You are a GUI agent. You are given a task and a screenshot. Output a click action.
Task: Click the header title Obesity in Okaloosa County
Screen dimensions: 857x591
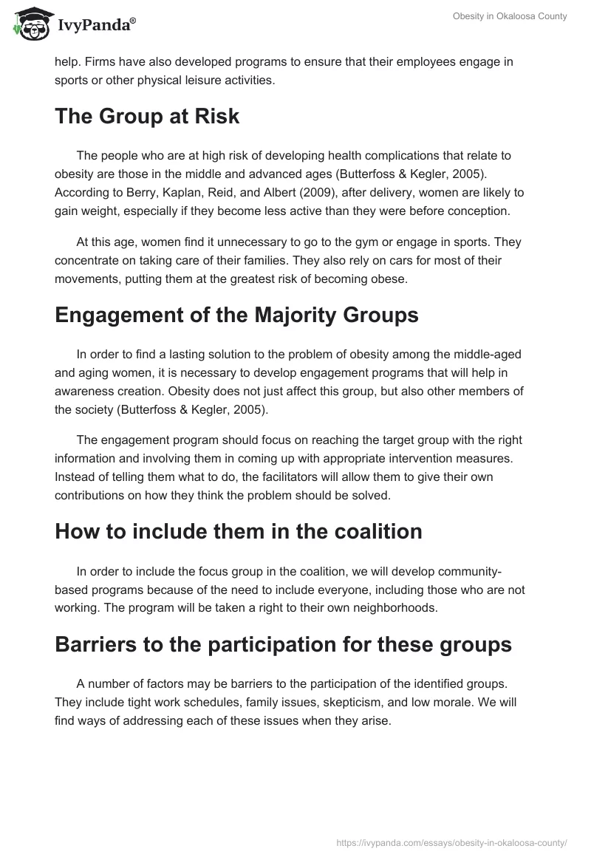point(510,16)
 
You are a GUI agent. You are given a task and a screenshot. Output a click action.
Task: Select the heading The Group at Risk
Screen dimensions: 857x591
point(147,116)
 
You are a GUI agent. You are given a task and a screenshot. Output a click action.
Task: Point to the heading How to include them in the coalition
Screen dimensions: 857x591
point(238,531)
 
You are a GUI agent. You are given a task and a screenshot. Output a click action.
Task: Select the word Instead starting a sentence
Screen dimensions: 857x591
point(76,478)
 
